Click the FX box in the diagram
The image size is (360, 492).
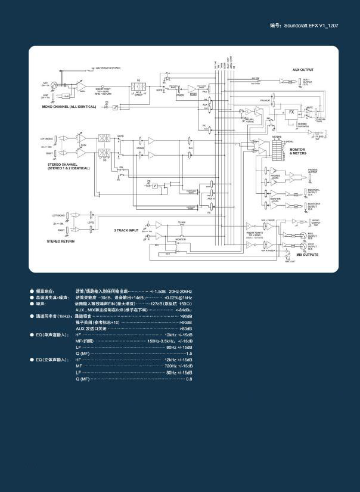pyautogui.click(x=291, y=112)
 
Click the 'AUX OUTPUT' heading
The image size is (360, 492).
pyautogui.click(x=303, y=70)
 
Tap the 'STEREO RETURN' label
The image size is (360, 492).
pyautogui.click(x=61, y=241)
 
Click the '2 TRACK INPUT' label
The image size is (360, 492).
pyautogui.click(x=126, y=229)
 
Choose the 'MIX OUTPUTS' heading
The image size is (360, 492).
pyautogui.click(x=307, y=255)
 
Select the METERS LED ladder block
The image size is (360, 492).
pyautogui.click(x=276, y=151)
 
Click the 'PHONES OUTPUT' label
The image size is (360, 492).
pyautogui.click(x=313, y=171)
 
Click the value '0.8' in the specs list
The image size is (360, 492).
pyautogui.click(x=189, y=379)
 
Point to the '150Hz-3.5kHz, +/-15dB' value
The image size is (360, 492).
pyautogui.click(x=169, y=341)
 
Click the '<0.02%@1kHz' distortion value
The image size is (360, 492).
pyautogui.click(x=178, y=297)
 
